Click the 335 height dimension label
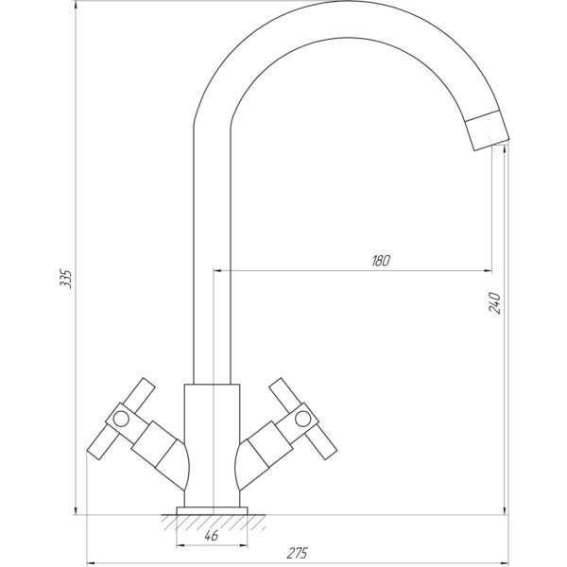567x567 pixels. pyautogui.click(x=66, y=278)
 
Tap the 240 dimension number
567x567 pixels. pyautogui.click(x=494, y=302)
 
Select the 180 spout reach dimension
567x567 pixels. pyautogui.click(x=381, y=261)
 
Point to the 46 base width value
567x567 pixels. pyautogui.click(x=212, y=536)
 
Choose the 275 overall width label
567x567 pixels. pyautogui.click(x=298, y=553)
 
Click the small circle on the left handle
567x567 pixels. pyautogui.click(x=121, y=419)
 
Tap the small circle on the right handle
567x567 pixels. pyautogui.click(x=303, y=419)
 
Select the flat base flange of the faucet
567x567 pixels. pyautogui.click(x=212, y=510)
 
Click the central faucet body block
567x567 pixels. pyautogui.click(x=212, y=445)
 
